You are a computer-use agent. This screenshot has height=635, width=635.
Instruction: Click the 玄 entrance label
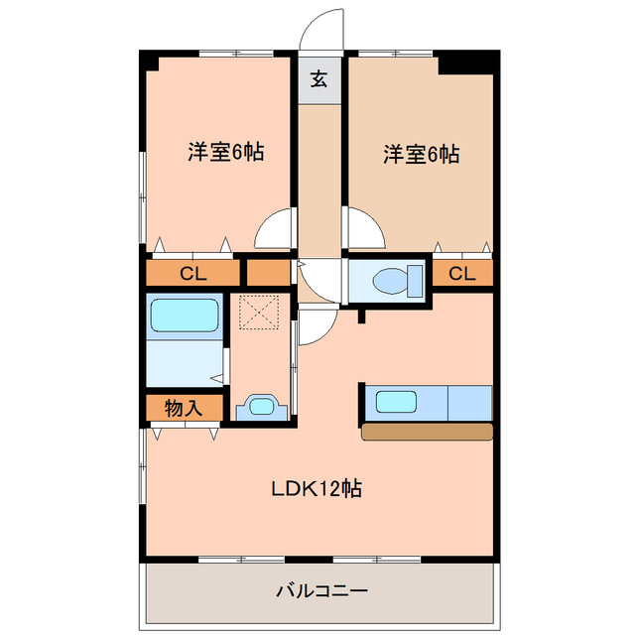point(319,79)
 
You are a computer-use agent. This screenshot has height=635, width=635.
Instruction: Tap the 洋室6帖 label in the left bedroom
point(225,152)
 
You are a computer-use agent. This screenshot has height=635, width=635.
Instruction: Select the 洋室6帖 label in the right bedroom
point(421,155)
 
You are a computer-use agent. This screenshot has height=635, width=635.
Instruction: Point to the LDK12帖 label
point(317,488)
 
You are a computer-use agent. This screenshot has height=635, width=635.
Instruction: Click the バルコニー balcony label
point(321,591)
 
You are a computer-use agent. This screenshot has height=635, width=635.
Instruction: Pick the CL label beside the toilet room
point(461,274)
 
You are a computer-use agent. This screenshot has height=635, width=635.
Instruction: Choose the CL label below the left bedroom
point(193,274)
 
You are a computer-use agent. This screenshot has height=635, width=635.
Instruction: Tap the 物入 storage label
point(184,408)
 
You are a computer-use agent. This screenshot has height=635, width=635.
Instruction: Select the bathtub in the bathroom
point(185,316)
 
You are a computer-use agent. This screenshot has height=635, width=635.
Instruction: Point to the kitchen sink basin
point(396,402)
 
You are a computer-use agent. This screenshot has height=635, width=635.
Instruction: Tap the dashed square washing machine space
point(259,313)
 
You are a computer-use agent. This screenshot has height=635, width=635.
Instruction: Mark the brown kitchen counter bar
point(428,432)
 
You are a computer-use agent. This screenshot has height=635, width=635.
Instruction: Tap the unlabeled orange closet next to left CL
point(268,273)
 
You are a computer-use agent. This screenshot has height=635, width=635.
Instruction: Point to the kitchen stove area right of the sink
point(469,403)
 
